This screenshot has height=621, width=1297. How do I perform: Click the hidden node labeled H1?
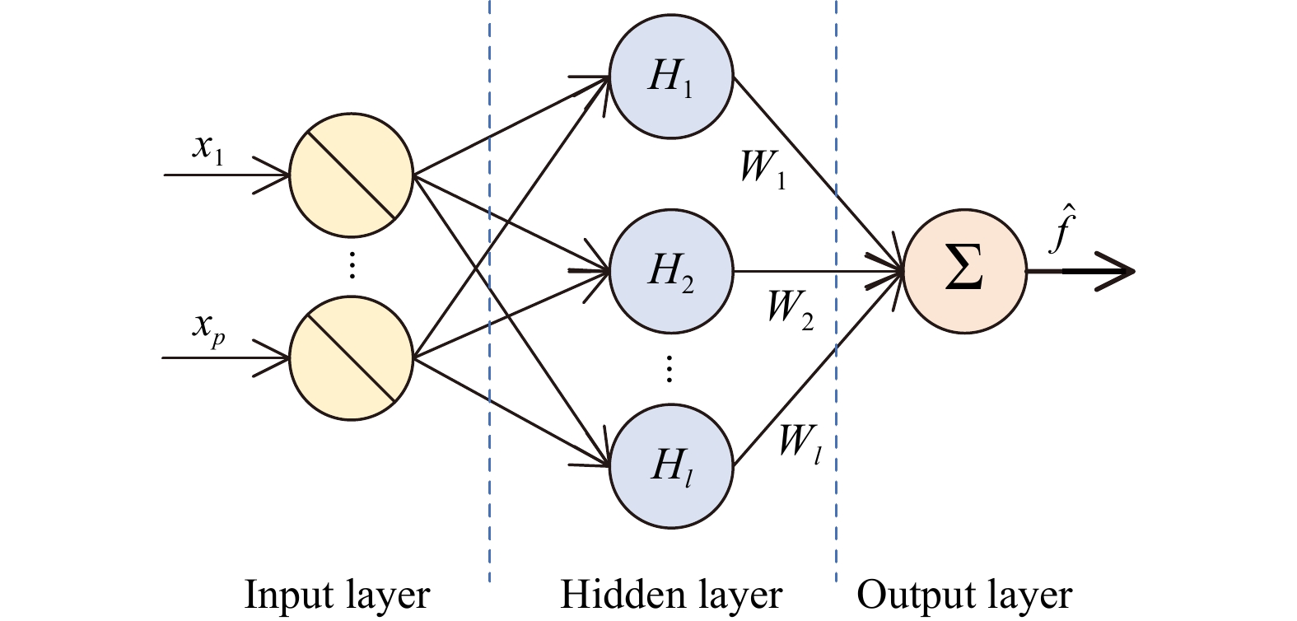pos(671,78)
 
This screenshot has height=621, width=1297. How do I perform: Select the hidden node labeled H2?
pos(671,272)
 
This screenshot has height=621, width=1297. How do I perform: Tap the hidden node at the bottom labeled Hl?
pos(671,465)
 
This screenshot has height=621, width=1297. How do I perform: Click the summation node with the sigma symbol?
pos(964,272)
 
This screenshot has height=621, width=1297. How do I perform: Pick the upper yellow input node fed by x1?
pos(351,175)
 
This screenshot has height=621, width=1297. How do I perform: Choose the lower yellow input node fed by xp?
pos(351,357)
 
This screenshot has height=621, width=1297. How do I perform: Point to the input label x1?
pos(208,148)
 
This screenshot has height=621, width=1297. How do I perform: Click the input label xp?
pos(208,327)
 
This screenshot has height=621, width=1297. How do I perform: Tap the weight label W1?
pos(763,169)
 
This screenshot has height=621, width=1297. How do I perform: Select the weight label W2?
pos(790,309)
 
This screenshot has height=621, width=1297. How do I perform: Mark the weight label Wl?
pos(799,445)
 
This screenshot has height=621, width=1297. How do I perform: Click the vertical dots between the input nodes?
pos(352,265)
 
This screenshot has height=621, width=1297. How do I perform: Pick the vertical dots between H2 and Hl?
pos(669,369)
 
